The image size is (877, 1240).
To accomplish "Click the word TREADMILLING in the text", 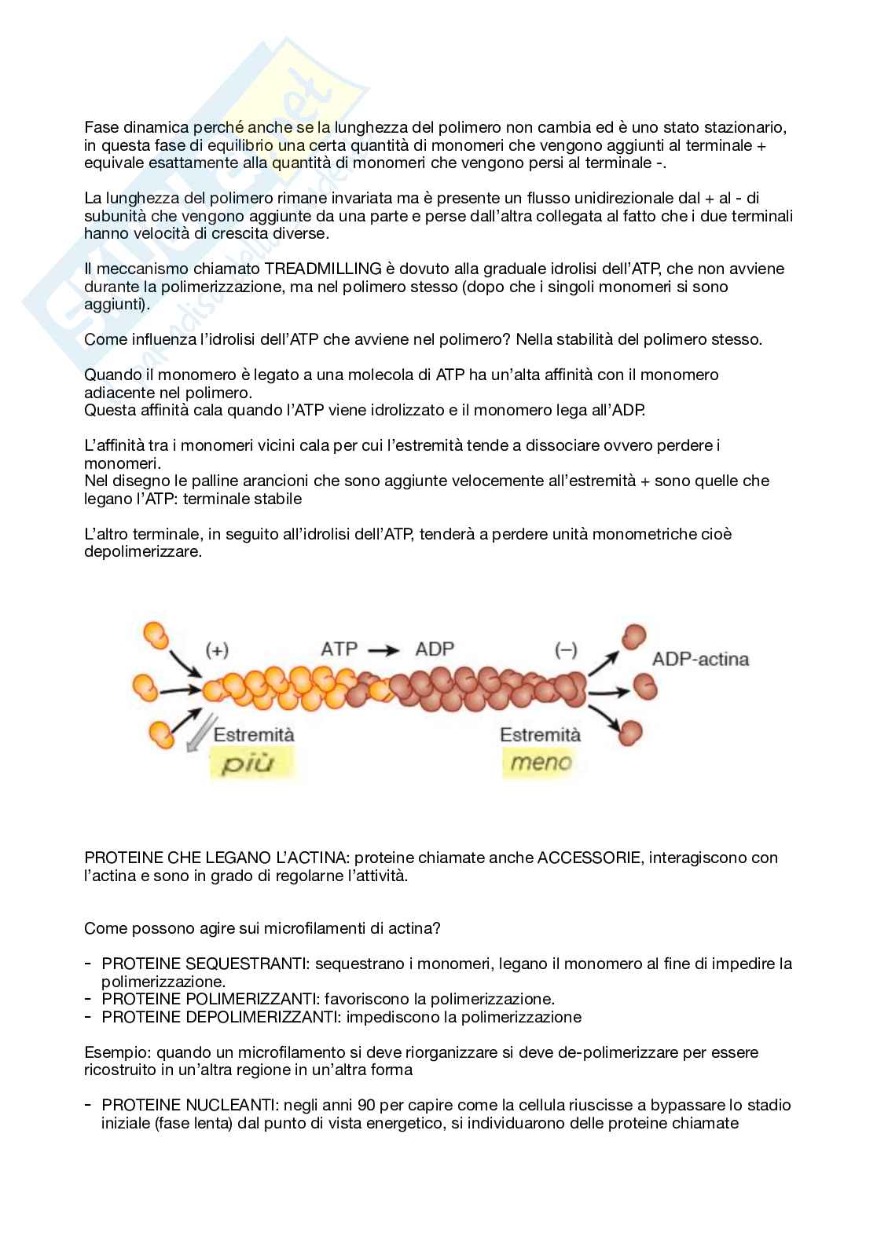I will point(325,269).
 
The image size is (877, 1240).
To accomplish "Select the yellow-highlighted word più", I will point(245,763).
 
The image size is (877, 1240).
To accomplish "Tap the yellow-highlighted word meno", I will point(541,762).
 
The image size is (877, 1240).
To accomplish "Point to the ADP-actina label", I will point(700,659).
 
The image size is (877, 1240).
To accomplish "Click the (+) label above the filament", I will point(217,650).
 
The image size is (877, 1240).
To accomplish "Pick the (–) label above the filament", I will point(566,650).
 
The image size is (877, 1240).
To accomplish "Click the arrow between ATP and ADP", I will point(383,650).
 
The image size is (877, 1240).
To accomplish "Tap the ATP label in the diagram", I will point(339,649).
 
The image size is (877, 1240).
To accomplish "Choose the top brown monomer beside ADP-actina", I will point(633,637).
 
